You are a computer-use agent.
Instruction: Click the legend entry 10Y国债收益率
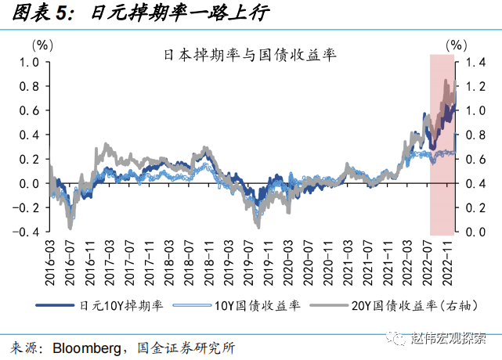tap(247, 307)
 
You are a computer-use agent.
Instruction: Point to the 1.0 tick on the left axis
tap(30, 62)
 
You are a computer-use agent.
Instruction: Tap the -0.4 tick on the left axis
tap(28, 232)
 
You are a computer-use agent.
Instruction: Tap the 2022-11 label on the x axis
tap(451, 262)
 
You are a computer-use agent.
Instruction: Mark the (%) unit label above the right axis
tap(457, 44)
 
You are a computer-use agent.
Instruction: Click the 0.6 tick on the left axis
tap(30, 110)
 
